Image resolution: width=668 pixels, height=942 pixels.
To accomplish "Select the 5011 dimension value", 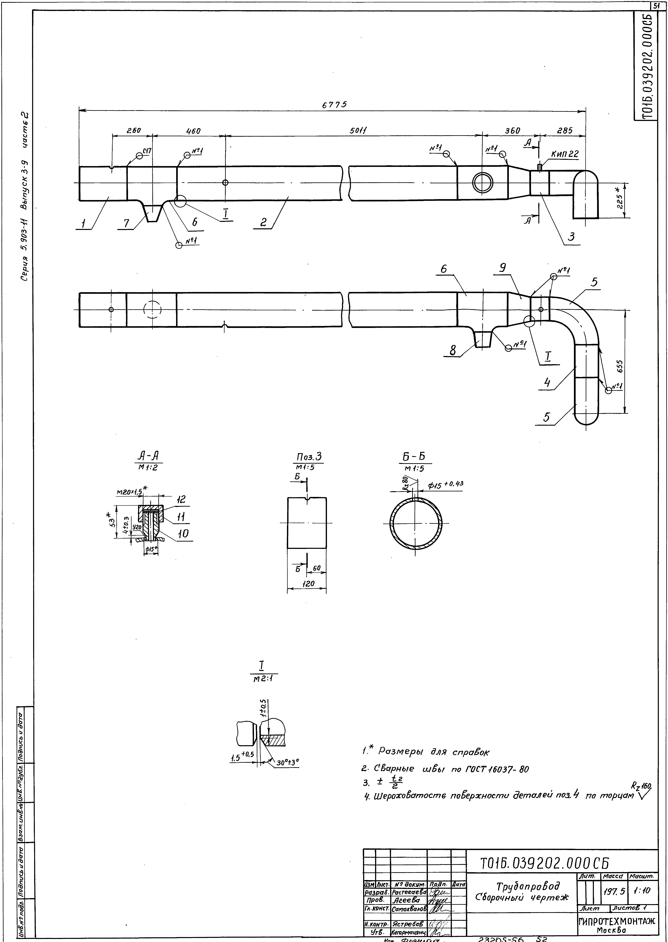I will tap(358, 131).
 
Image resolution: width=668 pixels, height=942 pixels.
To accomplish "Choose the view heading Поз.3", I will tap(309, 457).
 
